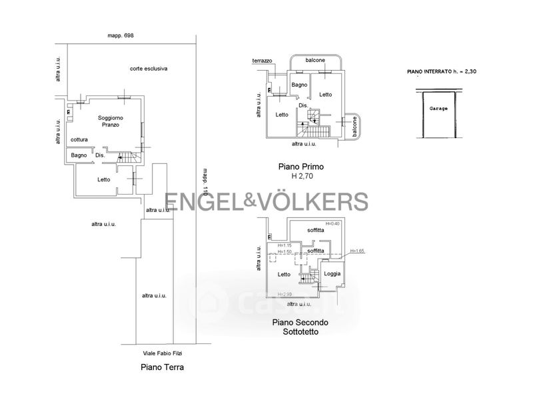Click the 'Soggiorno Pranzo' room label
click(x=111, y=121)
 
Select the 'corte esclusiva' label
click(x=149, y=68)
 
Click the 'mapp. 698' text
click(x=121, y=35)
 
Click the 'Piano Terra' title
click(x=162, y=367)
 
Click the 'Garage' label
click(x=438, y=108)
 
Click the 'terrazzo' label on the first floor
click(x=262, y=61)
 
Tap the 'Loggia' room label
click(x=332, y=274)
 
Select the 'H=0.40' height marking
click(x=332, y=223)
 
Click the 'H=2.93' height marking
click(x=285, y=294)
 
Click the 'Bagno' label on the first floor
click(x=299, y=85)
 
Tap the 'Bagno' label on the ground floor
click(x=79, y=155)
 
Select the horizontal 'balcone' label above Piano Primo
click(x=315, y=61)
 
